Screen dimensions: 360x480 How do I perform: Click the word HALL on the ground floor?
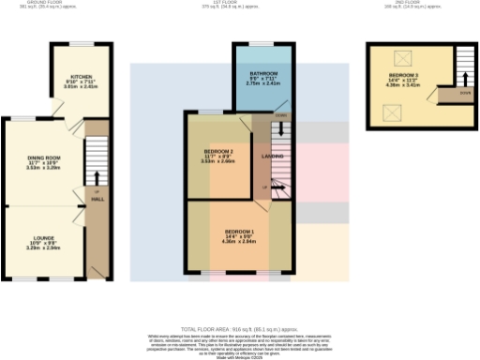click(97, 199)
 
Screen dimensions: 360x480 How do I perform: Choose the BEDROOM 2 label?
click(217, 151)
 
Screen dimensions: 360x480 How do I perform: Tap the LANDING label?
click(273, 157)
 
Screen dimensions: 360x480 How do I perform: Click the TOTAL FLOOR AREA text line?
click(239, 329)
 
